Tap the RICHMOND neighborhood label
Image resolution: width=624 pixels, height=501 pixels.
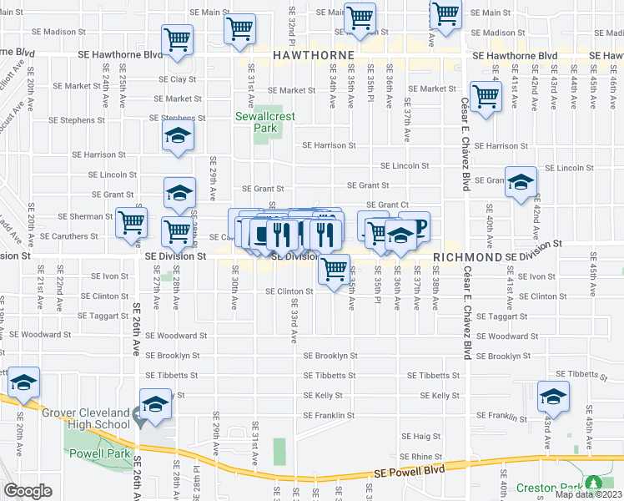click(x=467, y=258)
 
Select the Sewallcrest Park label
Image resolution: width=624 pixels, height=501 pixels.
click(x=265, y=123)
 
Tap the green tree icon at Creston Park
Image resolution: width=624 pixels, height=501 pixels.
click(x=594, y=483)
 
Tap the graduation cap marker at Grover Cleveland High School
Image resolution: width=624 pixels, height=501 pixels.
click(x=154, y=405)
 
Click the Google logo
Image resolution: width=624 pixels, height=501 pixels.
click(x=28, y=492)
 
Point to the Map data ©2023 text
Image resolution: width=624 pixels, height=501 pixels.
click(x=588, y=494)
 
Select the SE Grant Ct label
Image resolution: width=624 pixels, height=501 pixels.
click(x=387, y=205)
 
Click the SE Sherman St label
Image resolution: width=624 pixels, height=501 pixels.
click(x=85, y=216)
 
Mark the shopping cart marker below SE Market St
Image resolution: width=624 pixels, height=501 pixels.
click(x=485, y=95)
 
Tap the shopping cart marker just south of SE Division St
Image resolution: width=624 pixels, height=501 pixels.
click(x=334, y=270)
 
